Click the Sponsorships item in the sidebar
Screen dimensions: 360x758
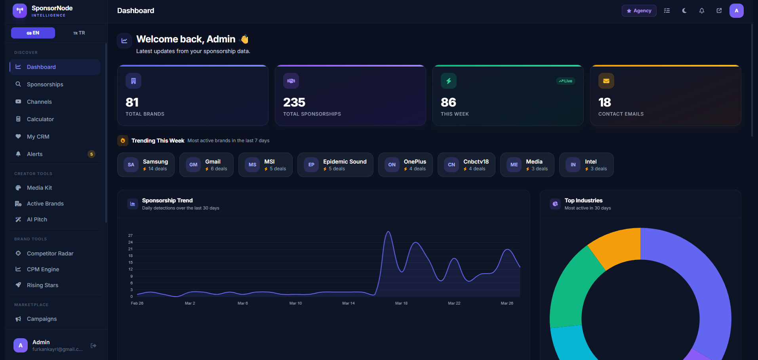(45, 84)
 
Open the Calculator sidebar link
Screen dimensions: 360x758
(40, 119)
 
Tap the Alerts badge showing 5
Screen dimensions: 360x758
(91, 154)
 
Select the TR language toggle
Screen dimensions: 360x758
(79, 33)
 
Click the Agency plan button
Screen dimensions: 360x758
(639, 11)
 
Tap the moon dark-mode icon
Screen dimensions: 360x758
(684, 11)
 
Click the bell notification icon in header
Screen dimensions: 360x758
(702, 11)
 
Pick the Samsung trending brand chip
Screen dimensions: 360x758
(146, 165)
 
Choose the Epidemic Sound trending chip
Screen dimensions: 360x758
(335, 165)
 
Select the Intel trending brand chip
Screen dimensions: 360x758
(586, 165)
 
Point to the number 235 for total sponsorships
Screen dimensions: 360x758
(294, 103)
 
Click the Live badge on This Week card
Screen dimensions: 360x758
(566, 81)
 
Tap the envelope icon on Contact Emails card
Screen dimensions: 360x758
(606, 81)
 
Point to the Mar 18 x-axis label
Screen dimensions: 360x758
(401, 303)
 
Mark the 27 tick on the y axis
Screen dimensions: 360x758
(131, 236)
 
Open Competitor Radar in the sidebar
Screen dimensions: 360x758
(50, 253)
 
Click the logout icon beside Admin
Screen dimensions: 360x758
(93, 346)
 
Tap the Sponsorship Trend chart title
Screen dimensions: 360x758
(167, 200)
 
